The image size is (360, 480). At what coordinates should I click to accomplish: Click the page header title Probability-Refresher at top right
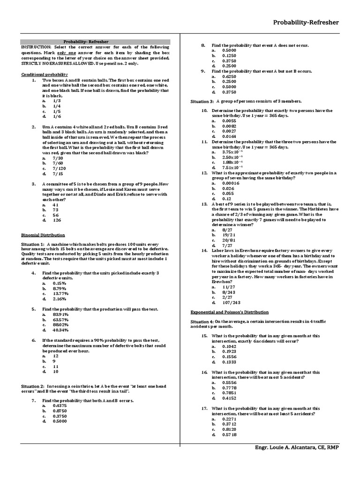[x=306, y=22]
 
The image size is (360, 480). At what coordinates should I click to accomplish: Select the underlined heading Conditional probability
[x=45, y=75]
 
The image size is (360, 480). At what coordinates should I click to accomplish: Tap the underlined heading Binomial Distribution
[x=43, y=235]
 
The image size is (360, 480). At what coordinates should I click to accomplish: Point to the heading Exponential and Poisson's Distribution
[x=229, y=312]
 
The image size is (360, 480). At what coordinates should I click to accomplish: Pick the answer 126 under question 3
[x=57, y=220]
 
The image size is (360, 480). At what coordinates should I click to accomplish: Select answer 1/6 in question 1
[x=57, y=116]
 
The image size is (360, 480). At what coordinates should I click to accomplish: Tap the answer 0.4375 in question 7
[x=60, y=405]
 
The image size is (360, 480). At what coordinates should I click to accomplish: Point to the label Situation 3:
[x=202, y=101]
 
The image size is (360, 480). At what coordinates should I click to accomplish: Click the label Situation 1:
[x=33, y=244]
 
